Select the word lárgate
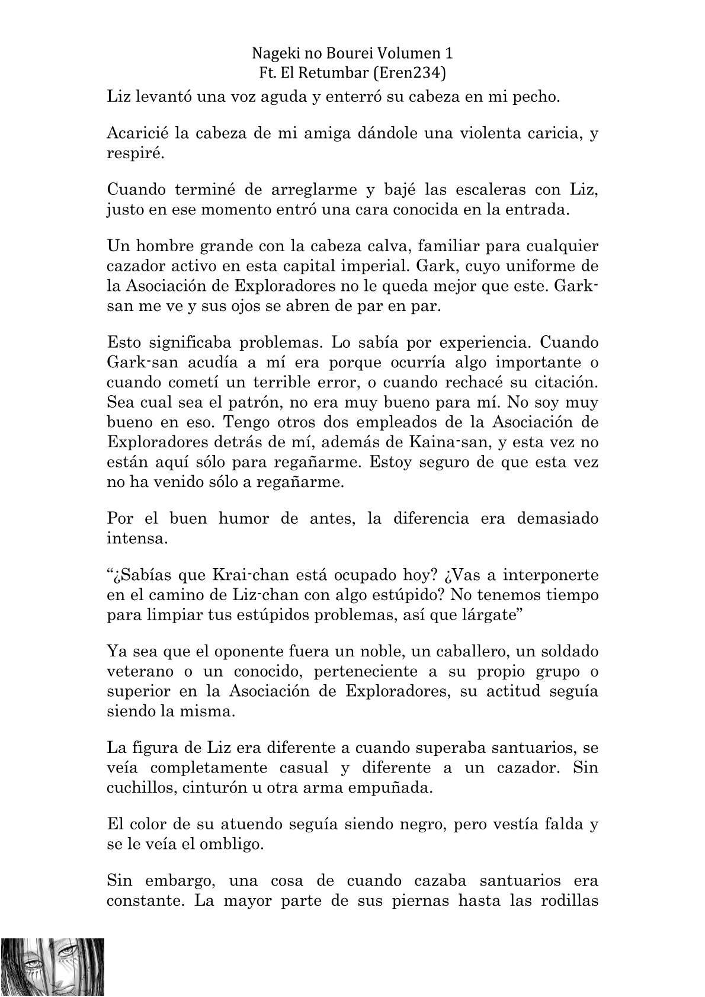click(x=489, y=614)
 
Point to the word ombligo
click(x=229, y=844)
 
